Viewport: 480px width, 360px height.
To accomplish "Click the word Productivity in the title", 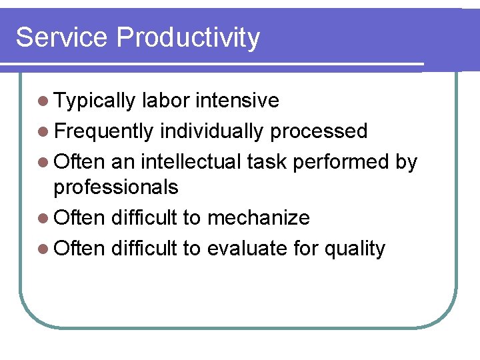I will pyautogui.click(x=187, y=39).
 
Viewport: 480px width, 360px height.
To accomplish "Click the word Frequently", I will pyautogui.click(x=104, y=131).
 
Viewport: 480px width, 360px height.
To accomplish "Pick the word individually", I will pyautogui.click(x=212, y=131).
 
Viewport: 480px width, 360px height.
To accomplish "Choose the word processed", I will pyautogui.click(x=319, y=131).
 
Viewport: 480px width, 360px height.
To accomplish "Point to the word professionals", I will pyautogui.click(x=116, y=188).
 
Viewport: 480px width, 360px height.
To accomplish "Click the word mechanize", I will pyautogui.click(x=259, y=218).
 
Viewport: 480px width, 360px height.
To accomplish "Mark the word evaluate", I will pyautogui.click(x=247, y=249).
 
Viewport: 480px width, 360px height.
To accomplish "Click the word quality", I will pyautogui.click(x=355, y=249).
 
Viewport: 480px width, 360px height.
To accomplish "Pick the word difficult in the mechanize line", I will pyautogui.click(x=145, y=218).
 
